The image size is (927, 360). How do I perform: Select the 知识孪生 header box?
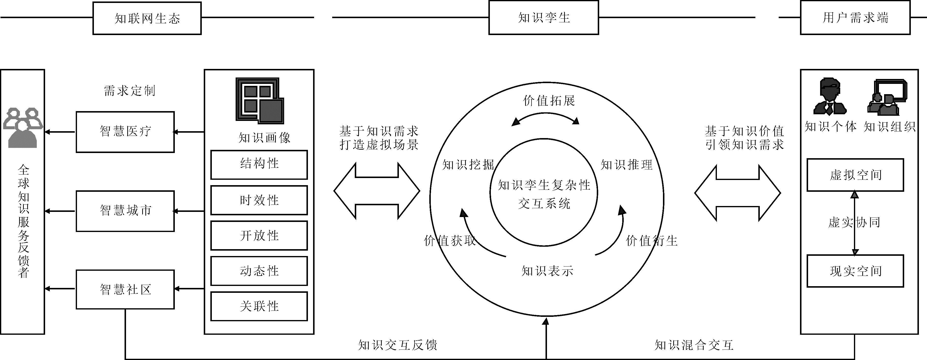(543, 18)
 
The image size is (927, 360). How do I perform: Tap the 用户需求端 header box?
(855, 18)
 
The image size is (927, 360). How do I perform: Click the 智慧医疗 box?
(125, 132)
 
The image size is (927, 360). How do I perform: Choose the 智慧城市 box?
(125, 211)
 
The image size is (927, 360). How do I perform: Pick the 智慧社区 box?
(125, 289)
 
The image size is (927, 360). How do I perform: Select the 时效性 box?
(259, 200)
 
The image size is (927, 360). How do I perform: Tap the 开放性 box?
(259, 235)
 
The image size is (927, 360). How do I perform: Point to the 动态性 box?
(259, 271)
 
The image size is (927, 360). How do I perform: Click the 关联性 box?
(259, 306)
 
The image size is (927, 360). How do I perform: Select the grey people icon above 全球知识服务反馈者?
(22, 128)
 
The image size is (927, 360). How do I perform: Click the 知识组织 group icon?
(888, 97)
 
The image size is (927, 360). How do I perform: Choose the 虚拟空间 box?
(855, 175)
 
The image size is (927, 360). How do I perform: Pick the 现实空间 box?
(855, 271)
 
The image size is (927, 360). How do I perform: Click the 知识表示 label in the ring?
(547, 271)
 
